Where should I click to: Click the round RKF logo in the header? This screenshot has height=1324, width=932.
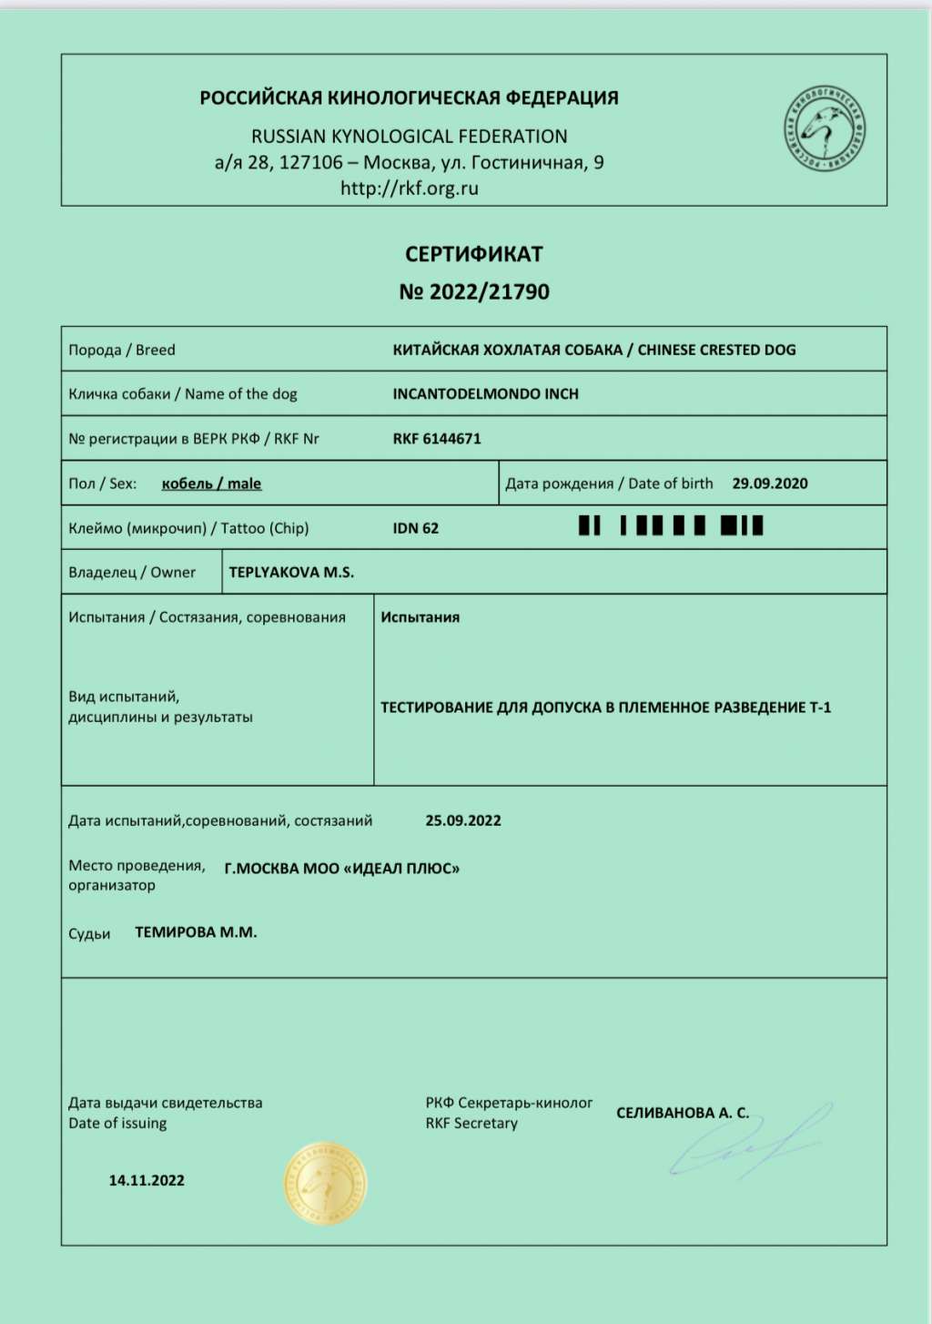pyautogui.click(x=825, y=129)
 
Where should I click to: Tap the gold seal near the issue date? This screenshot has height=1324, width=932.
pyautogui.click(x=325, y=1183)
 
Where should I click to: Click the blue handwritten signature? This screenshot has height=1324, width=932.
pyautogui.click(x=746, y=1143)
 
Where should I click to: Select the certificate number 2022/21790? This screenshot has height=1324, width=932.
pyautogui.click(x=489, y=292)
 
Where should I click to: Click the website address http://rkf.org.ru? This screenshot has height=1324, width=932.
pyautogui.click(x=409, y=188)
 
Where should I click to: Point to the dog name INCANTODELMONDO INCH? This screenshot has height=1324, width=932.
pyautogui.click(x=485, y=394)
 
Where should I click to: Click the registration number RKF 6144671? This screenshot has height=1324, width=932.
pyautogui.click(x=437, y=439)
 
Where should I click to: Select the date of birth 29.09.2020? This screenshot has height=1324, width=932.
pyautogui.click(x=769, y=484)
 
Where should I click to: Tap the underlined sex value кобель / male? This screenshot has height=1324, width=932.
pyautogui.click(x=211, y=484)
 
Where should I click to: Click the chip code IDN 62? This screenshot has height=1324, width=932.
pyautogui.click(x=415, y=528)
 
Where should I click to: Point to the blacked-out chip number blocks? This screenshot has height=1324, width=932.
pyautogui.click(x=670, y=526)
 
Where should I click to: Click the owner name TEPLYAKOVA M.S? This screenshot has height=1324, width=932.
pyautogui.click(x=291, y=573)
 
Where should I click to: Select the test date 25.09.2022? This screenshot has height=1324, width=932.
pyautogui.click(x=463, y=820)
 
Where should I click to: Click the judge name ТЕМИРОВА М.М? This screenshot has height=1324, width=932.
pyautogui.click(x=196, y=932)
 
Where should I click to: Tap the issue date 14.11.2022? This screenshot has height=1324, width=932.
pyautogui.click(x=147, y=1180)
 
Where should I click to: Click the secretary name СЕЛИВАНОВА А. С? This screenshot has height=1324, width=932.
pyautogui.click(x=682, y=1113)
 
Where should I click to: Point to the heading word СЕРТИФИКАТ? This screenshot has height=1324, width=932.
pyautogui.click(x=473, y=254)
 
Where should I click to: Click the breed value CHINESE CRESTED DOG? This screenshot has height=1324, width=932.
pyautogui.click(x=716, y=350)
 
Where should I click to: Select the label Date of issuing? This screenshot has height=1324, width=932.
pyautogui.click(x=117, y=1124)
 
